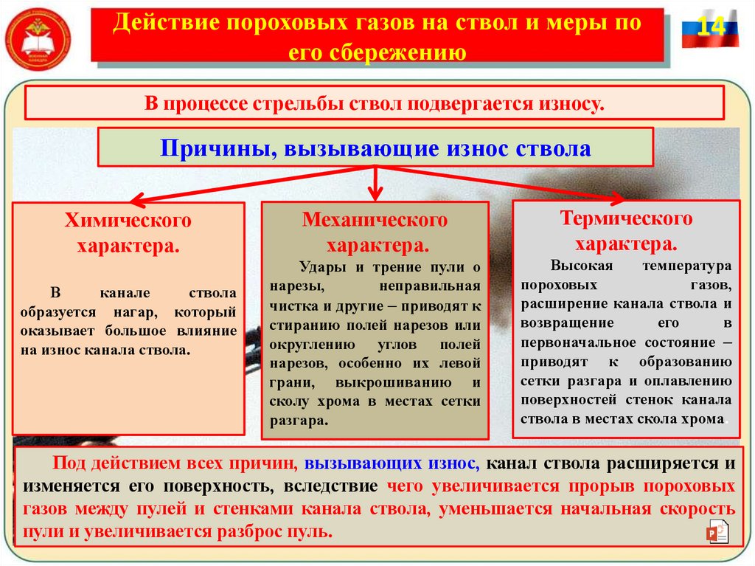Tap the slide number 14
(x=710, y=27)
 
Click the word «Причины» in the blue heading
(x=209, y=149)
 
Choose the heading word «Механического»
(x=375, y=220)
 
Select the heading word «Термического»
(x=626, y=218)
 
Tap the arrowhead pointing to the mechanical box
(x=376, y=194)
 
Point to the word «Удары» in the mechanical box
(x=321, y=268)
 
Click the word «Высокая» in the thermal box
(x=574, y=265)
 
